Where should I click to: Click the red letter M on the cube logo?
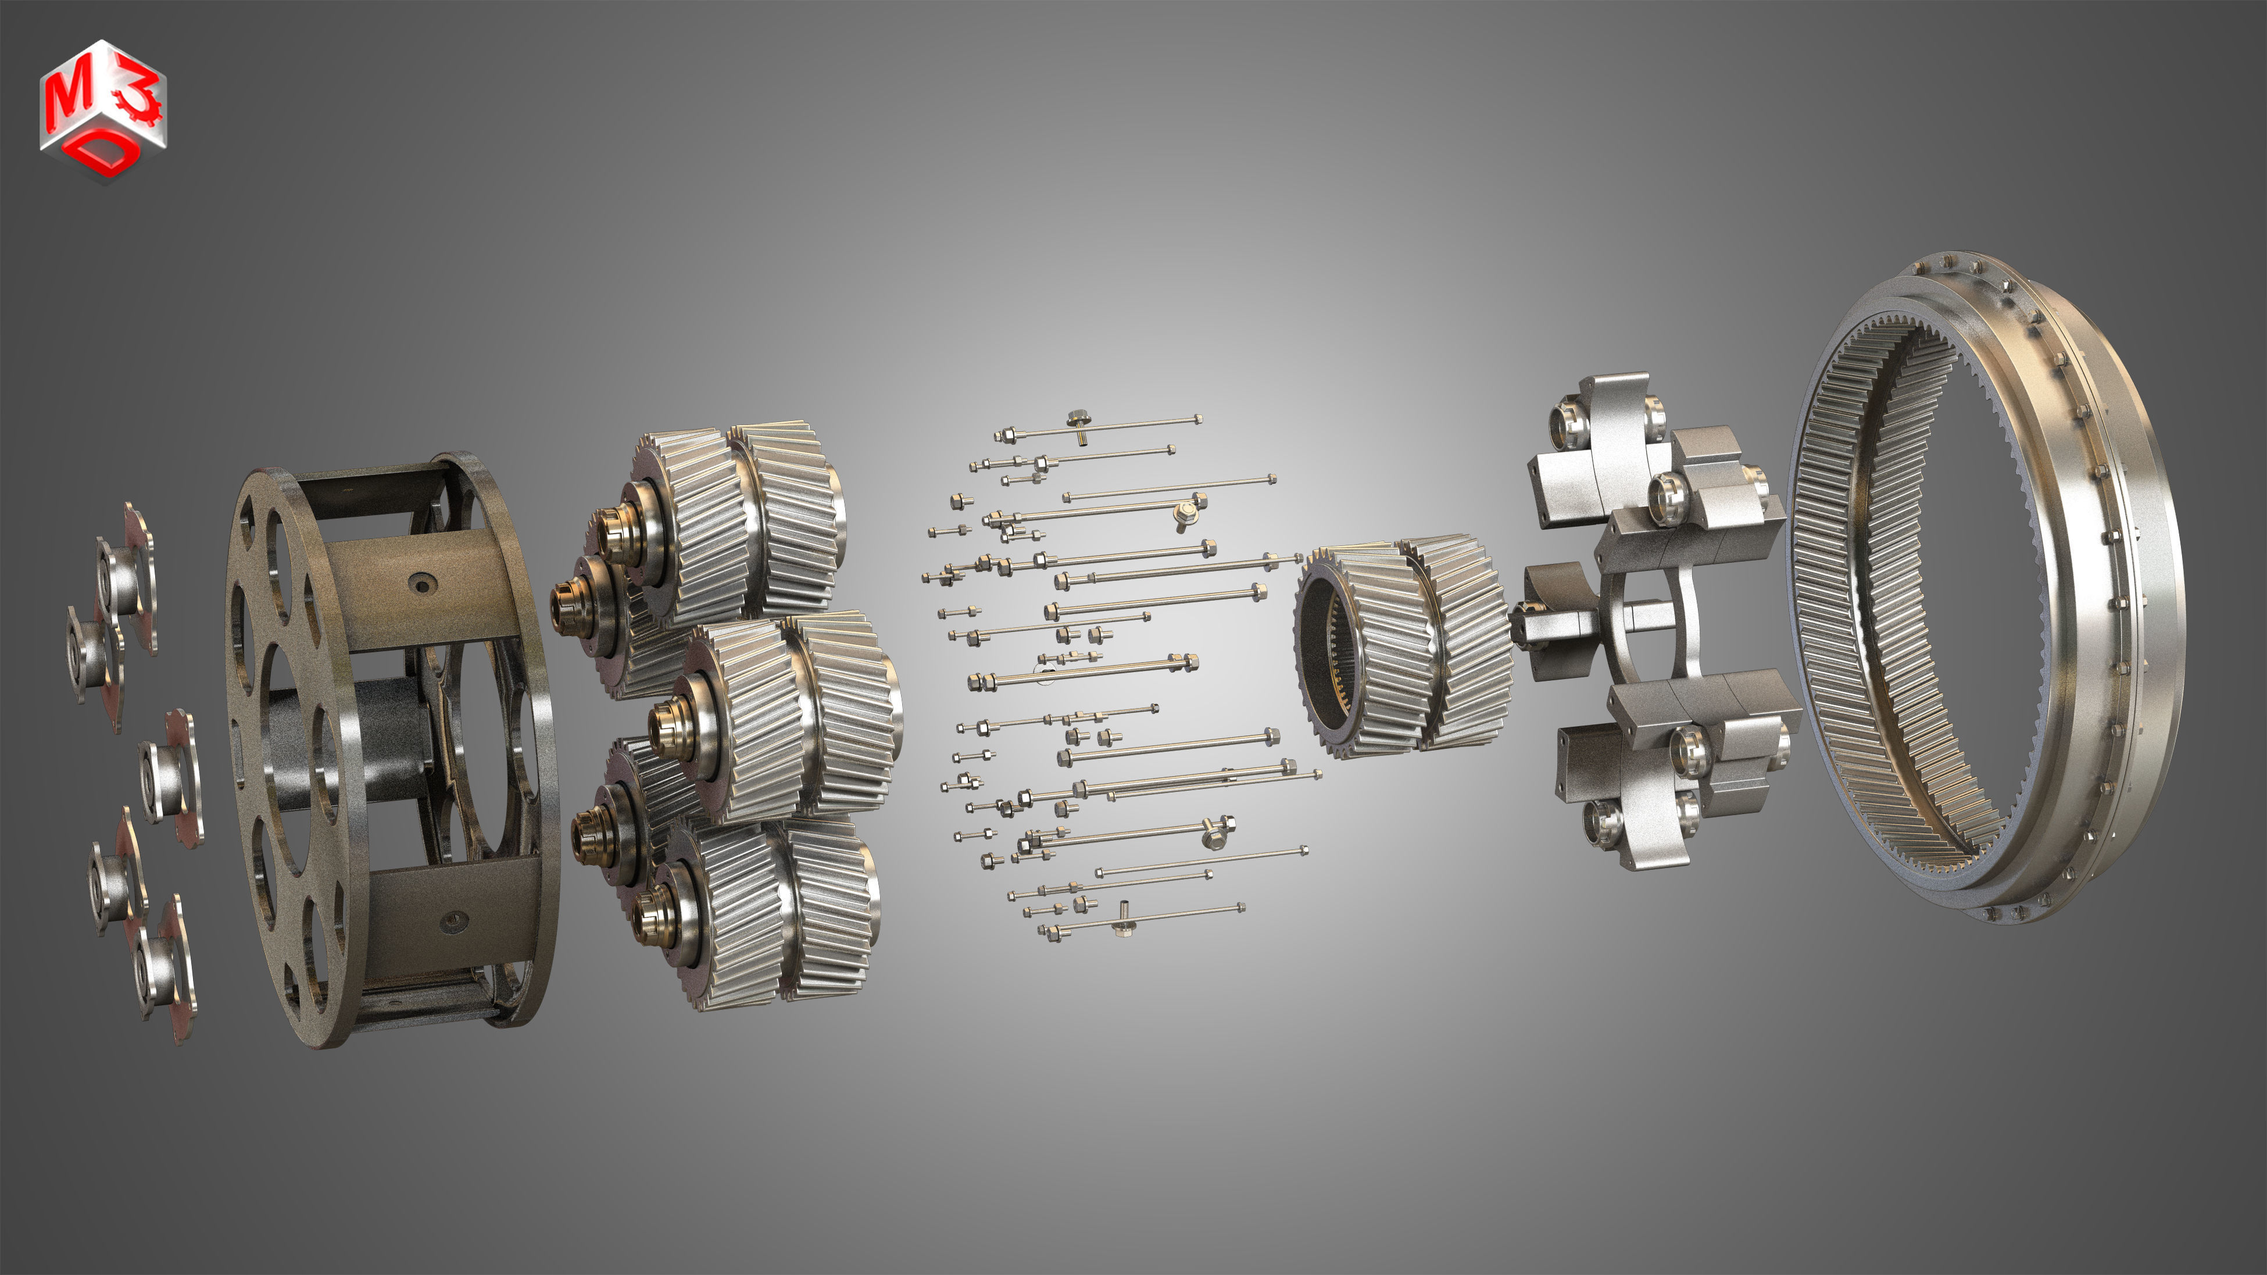pos(69,99)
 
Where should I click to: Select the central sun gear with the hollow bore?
pos(1399,647)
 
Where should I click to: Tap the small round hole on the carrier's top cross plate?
pos(421,583)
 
